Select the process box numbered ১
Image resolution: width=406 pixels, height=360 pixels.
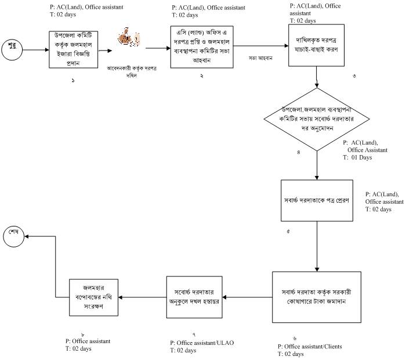pyautogui.click(x=73, y=50)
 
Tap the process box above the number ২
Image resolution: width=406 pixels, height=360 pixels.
pyautogui.click(x=200, y=47)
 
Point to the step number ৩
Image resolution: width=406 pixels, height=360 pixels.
pyautogui.click(x=354, y=76)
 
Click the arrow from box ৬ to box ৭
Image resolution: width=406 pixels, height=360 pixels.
pyautogui.click(x=246, y=297)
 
